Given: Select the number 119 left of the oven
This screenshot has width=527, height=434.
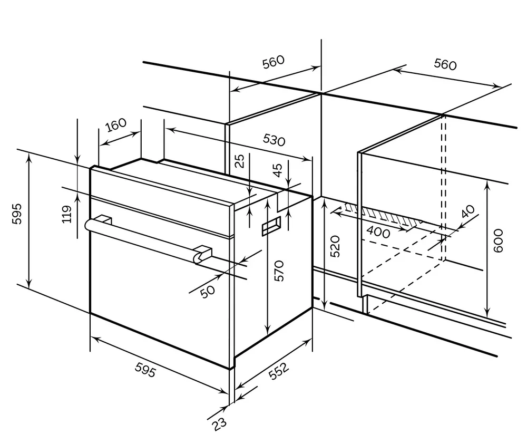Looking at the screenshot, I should tap(67, 215).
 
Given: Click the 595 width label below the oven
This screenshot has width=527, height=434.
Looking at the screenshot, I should tap(145, 372).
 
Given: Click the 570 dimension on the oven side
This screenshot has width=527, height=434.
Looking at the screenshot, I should tap(279, 271).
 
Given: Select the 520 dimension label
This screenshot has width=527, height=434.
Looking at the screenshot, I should tap(336, 246).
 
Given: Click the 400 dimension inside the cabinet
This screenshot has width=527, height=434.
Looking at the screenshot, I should tap(378, 232).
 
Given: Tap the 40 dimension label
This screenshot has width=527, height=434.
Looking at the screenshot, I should tap(467, 211).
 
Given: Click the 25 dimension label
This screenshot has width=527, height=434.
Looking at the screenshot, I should tap(240, 161).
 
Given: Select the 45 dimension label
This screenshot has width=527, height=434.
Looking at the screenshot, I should tap(278, 170).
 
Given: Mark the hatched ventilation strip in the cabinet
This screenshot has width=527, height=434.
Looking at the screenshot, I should tap(385, 215).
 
